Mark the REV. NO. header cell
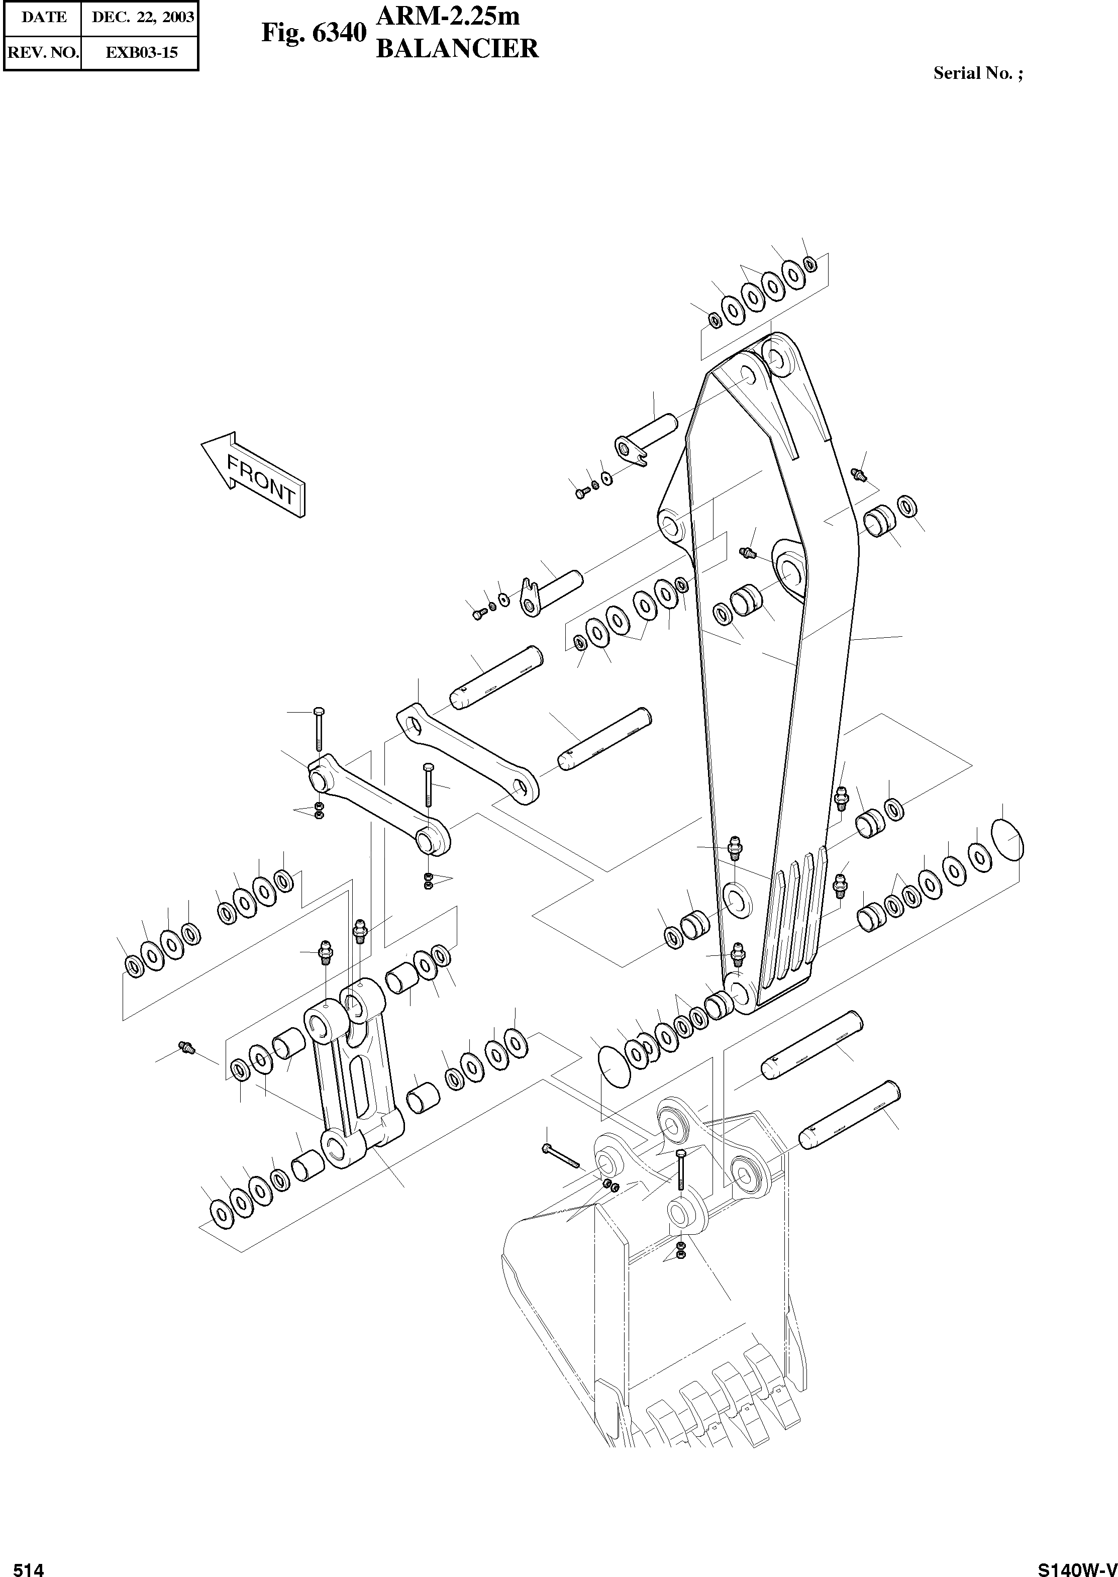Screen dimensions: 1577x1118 pyautogui.click(x=43, y=52)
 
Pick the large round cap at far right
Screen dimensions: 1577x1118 pyautogui.click(x=1007, y=839)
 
